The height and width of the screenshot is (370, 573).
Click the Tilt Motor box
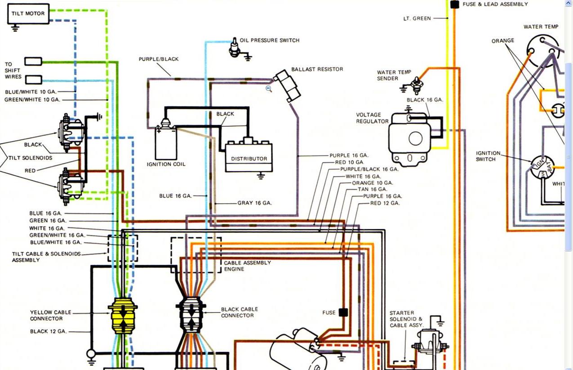point(28,14)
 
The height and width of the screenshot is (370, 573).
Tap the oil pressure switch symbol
point(235,48)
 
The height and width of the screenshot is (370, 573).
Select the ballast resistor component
point(287,86)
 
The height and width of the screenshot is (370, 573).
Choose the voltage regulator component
point(410,138)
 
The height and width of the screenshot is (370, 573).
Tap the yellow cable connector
point(123,316)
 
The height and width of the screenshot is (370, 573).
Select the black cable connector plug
point(191,315)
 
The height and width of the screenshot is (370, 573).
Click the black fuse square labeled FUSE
point(343,312)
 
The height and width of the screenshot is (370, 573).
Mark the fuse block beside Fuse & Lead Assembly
point(454,4)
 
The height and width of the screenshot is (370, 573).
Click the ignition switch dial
point(542,167)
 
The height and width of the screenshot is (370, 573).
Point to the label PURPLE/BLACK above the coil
point(159,59)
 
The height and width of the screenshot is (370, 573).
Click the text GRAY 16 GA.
point(254,203)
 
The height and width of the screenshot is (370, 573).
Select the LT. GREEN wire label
point(417,18)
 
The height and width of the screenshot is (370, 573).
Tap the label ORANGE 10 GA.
point(373,183)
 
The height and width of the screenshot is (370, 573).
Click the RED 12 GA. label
point(385,203)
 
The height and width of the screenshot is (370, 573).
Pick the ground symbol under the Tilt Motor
point(15,28)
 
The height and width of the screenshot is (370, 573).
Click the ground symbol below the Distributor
point(261,176)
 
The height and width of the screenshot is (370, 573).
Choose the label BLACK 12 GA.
point(49,331)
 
